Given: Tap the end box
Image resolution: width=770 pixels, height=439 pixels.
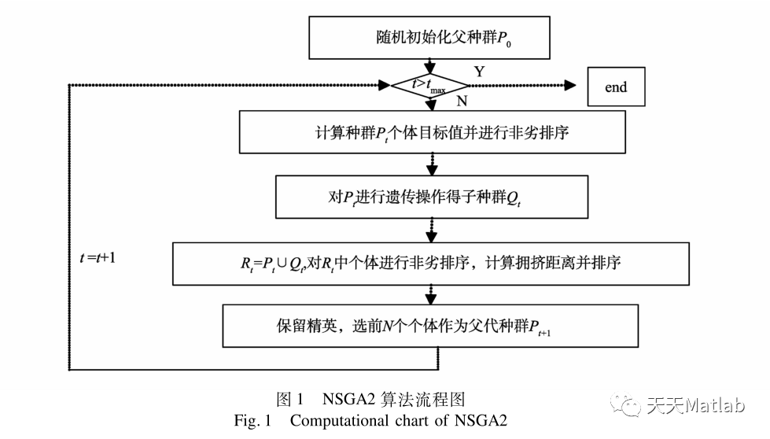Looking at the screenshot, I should tap(616, 87).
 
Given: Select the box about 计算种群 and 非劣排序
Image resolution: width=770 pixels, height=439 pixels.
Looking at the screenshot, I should tap(432, 131).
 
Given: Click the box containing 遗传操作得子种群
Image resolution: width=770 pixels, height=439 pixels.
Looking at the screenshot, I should tap(432, 197).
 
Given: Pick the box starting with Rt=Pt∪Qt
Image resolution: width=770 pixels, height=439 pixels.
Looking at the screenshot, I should tap(430, 263).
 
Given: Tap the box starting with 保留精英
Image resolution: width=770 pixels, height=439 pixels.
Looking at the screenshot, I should tap(432, 326).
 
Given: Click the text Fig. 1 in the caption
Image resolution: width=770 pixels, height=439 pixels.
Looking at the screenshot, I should tap(252, 421).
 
